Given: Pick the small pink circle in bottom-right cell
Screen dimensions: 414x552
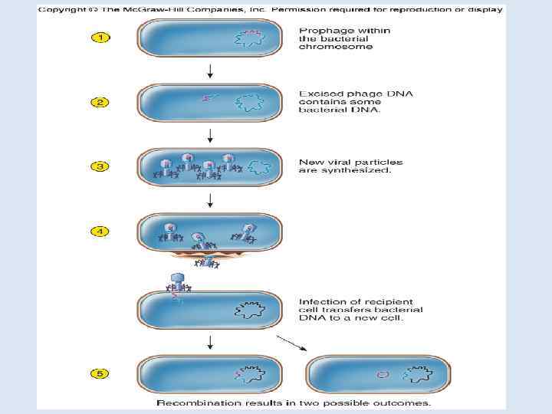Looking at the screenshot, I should pos(383,375).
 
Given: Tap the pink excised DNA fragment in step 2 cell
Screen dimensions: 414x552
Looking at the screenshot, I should pos(208,97).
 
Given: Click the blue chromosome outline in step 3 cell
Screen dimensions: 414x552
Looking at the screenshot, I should pos(261,167).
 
